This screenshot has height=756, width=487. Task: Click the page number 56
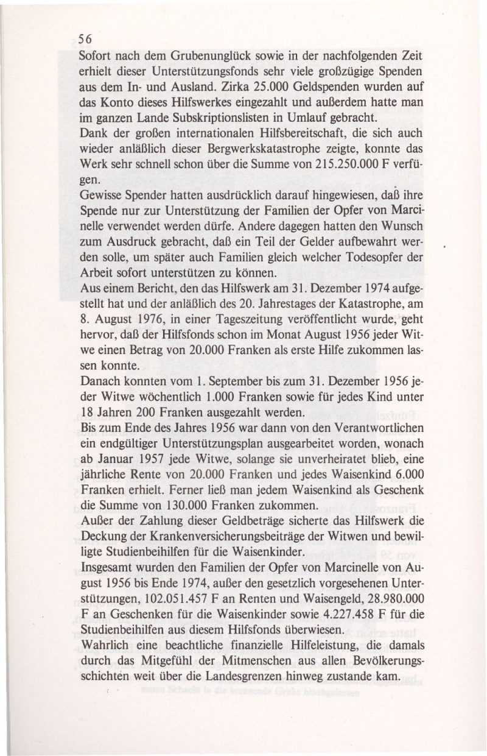click(x=85, y=37)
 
